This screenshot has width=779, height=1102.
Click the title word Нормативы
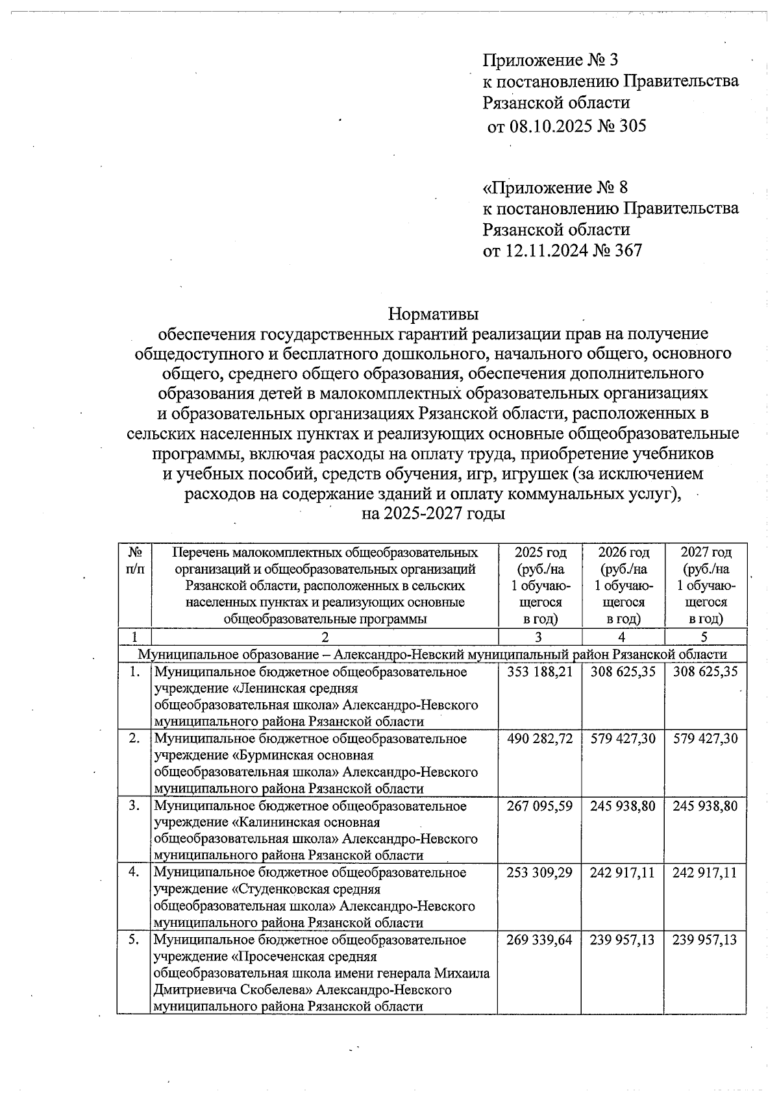(x=433, y=314)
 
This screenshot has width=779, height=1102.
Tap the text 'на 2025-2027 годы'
(x=433, y=513)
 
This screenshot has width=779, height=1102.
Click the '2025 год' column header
(x=540, y=553)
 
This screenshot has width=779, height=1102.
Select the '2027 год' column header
(x=706, y=553)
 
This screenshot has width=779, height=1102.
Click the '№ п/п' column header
(x=135, y=560)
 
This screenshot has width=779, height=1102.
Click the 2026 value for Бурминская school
(x=623, y=739)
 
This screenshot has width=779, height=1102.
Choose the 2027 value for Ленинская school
(x=706, y=672)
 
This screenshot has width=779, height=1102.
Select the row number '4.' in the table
(x=134, y=873)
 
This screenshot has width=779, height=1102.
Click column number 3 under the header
(x=539, y=637)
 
